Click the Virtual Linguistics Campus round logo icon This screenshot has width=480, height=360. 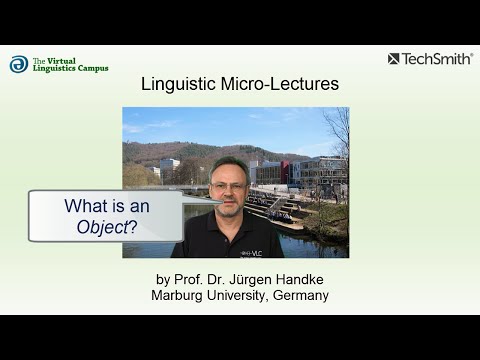coord(19,65)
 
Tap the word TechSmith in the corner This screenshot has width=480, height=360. coord(438,59)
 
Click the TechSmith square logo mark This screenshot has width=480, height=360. coord(394,59)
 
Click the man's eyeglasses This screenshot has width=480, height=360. coord(229,186)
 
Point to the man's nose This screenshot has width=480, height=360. coord(229,192)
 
